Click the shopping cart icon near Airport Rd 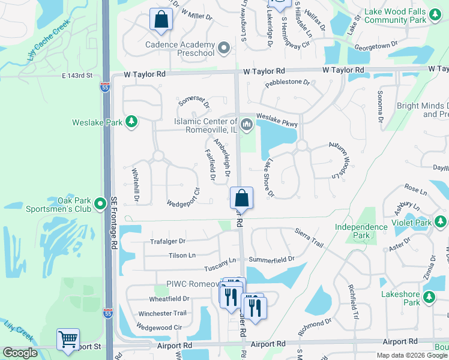click(x=68, y=339)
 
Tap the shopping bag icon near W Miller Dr click(x=161, y=19)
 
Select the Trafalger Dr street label click(x=167, y=241)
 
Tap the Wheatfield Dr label click(x=169, y=298)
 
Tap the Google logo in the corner click(x=20, y=353)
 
